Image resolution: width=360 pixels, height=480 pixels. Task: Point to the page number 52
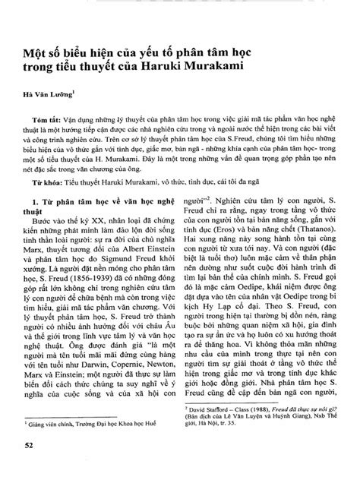[x=30, y=464]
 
